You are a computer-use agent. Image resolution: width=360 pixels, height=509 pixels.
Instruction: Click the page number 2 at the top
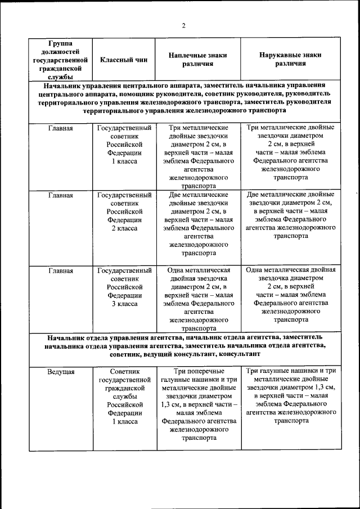click(x=183, y=25)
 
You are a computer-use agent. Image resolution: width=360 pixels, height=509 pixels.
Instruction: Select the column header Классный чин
click(x=124, y=60)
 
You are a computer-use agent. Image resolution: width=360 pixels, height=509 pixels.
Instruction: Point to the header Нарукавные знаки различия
click(x=290, y=60)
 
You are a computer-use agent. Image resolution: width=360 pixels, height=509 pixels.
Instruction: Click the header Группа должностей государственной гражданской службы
click(x=60, y=60)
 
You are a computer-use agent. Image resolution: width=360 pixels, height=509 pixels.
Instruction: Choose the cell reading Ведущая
click(x=61, y=371)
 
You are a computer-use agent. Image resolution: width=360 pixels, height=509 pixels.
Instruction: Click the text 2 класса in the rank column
click(x=124, y=228)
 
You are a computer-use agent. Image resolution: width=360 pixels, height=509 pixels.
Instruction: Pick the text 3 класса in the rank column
click(x=124, y=304)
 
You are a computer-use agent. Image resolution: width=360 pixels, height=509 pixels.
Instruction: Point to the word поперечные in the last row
click(x=208, y=371)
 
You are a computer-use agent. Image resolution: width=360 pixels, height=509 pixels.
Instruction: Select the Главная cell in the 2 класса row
click(x=61, y=195)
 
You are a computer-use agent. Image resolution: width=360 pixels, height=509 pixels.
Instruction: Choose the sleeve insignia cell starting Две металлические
click(x=290, y=215)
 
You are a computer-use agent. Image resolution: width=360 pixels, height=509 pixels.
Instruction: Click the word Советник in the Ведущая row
click(x=124, y=371)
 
